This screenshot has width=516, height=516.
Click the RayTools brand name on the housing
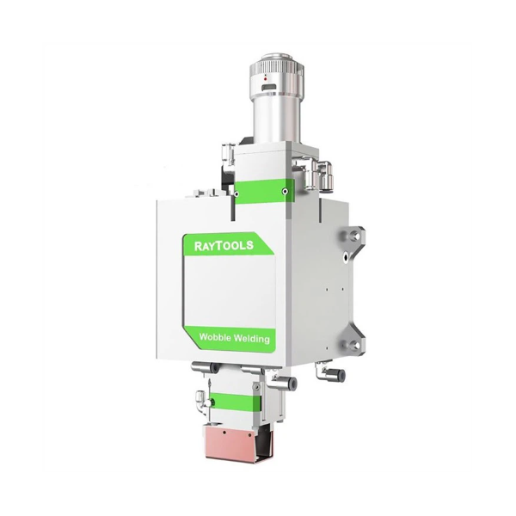click(224, 245)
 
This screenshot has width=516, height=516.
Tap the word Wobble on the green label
click(214, 337)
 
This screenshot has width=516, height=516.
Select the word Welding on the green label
click(251, 339)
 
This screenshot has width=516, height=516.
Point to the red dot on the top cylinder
click(265, 79)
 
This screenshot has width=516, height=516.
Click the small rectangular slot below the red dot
click(269, 88)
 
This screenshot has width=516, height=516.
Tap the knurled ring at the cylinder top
click(276, 67)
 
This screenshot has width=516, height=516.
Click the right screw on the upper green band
click(285, 191)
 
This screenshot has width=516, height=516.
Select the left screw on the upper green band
click(236, 194)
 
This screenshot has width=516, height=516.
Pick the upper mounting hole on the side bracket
click(354, 235)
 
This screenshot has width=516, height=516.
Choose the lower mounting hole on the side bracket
click(354, 345)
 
